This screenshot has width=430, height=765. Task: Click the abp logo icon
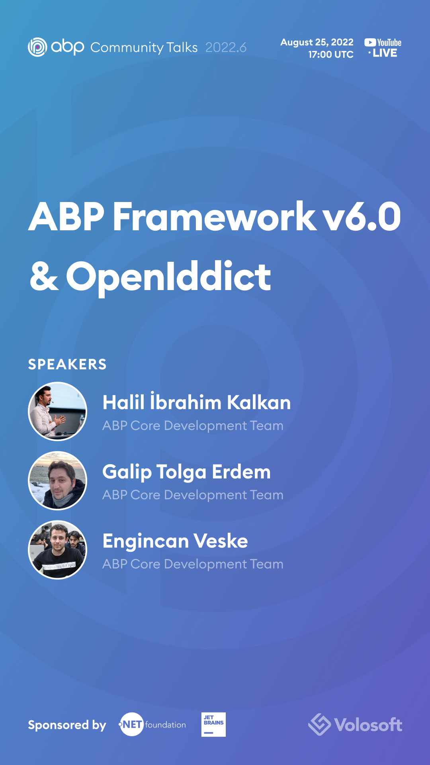point(37,47)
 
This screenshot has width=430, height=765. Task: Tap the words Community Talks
point(144,47)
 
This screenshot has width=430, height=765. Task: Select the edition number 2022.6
point(226,47)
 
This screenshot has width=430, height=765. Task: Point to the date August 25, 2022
point(317,42)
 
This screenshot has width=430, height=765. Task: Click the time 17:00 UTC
point(330,55)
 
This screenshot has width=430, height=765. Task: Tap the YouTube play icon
point(370,42)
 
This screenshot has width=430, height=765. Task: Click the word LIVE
point(385,53)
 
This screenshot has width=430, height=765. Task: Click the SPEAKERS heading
point(67,364)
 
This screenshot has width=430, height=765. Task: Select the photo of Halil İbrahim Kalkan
point(58,412)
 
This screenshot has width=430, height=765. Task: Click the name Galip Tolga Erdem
point(186,472)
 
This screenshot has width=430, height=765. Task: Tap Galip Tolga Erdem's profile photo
point(58,481)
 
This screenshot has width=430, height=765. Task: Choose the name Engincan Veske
point(175,541)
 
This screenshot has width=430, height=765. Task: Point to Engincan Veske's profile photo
point(58,550)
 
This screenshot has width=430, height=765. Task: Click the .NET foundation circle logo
point(131,724)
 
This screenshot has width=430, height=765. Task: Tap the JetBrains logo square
point(213,724)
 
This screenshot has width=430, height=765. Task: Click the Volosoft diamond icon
point(319,724)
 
